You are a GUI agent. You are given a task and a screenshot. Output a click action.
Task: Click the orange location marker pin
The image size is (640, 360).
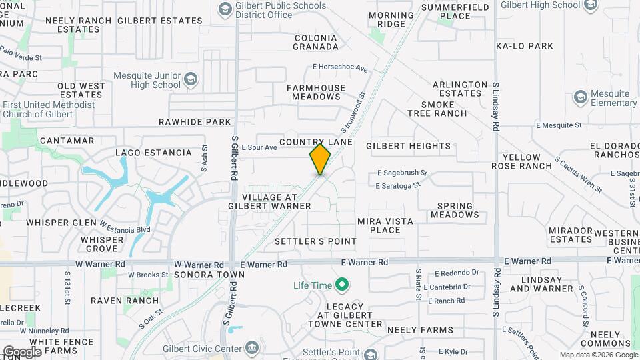coord(320,159)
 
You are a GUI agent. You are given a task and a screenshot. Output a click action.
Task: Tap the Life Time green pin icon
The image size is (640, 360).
coord(342,285)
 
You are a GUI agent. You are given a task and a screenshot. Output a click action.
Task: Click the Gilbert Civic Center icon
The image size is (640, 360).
coord(252,349)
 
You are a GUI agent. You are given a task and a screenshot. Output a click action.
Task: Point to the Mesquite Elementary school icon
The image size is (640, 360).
coord(580,98)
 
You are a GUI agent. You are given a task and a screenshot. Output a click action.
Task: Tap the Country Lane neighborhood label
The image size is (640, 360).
coord(316,142)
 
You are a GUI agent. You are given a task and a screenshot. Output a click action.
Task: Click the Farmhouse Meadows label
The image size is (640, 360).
coord(316,92)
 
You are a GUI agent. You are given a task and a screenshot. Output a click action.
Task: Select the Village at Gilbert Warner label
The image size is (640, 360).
coord(277,201)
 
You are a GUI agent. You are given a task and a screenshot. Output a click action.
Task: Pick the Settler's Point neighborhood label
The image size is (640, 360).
coord(315,241)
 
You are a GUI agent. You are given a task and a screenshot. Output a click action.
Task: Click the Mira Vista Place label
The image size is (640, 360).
coord(385,225)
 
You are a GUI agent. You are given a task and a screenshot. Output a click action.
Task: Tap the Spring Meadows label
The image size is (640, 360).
coord(455,210)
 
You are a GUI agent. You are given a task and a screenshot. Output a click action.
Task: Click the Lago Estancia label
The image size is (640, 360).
coord(153,153)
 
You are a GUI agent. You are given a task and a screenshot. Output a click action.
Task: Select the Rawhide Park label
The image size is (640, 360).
coord(195,122)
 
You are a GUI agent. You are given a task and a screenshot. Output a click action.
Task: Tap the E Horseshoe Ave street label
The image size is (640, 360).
coord(340,68)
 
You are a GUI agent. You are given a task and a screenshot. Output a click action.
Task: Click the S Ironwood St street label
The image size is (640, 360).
coord(354,111)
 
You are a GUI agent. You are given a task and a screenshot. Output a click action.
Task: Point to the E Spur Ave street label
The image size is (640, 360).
coord(259,147)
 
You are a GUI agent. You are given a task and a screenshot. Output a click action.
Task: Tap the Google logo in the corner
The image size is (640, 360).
coord(21,351)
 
